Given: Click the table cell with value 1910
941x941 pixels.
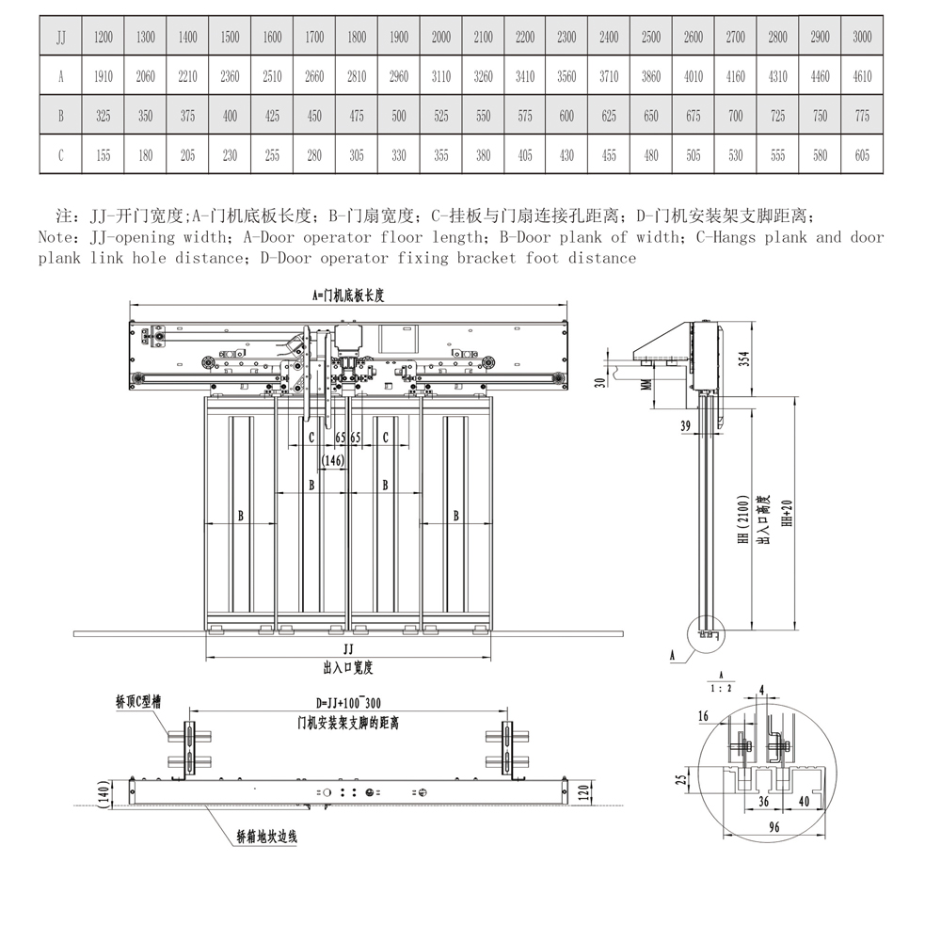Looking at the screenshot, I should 104,77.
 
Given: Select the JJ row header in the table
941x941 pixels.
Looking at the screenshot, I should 61,38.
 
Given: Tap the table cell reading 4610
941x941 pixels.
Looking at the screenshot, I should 862,77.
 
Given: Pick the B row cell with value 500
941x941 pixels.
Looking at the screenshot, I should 399,117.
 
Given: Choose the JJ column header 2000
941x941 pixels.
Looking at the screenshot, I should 440,38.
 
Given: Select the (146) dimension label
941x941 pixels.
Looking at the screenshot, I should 332,460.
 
